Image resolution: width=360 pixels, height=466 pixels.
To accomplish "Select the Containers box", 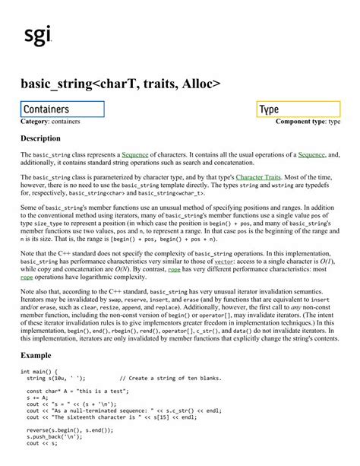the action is click(x=62, y=109).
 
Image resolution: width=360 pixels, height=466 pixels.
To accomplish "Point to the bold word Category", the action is click(x=36, y=122).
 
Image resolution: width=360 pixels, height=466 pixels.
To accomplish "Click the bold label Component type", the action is click(x=300, y=122).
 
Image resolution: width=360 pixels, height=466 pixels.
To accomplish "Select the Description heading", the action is click(x=40, y=139).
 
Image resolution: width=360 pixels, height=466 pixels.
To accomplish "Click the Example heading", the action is click(x=36, y=356).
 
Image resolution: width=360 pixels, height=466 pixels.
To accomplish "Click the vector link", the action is click(x=224, y=262).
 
